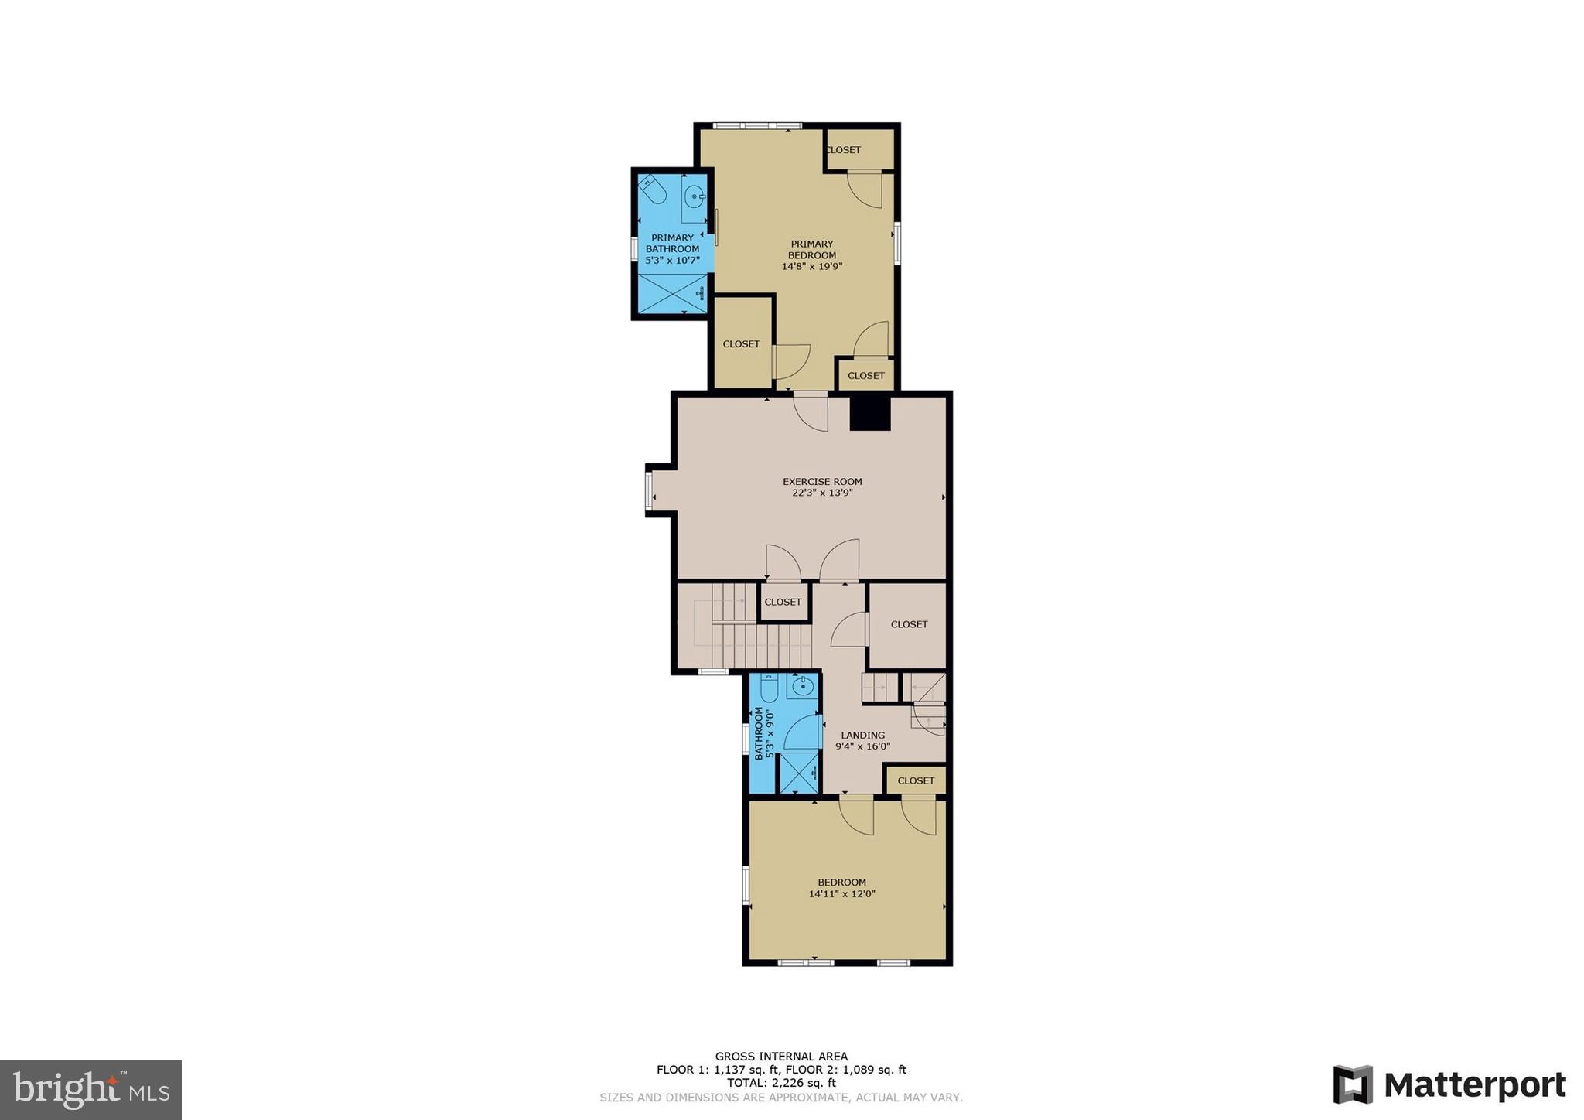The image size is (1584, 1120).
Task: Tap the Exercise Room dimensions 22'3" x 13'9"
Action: click(x=822, y=493)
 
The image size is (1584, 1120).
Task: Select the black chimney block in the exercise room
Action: click(x=870, y=413)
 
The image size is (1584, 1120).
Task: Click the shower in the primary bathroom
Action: click(x=672, y=294)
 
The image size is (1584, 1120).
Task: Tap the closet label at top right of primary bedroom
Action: click(x=843, y=150)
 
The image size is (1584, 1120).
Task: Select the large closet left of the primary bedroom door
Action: click(x=741, y=343)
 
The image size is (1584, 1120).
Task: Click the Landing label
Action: click(x=862, y=736)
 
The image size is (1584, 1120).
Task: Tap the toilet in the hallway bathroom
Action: click(x=770, y=688)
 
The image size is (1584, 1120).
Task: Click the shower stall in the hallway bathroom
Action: click(x=799, y=773)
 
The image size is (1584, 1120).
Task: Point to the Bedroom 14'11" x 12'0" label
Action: click(x=841, y=888)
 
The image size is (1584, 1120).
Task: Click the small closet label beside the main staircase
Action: click(x=783, y=602)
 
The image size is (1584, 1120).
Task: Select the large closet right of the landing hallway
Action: click(x=908, y=624)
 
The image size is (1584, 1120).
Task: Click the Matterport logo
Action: click(x=1449, y=1084)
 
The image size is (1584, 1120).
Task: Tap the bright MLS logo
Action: click(x=90, y=1090)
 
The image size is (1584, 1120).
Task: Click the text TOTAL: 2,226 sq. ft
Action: click(x=781, y=1083)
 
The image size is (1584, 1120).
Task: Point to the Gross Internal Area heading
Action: click(x=781, y=1056)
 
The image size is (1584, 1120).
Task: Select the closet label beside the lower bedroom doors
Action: click(x=916, y=780)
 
